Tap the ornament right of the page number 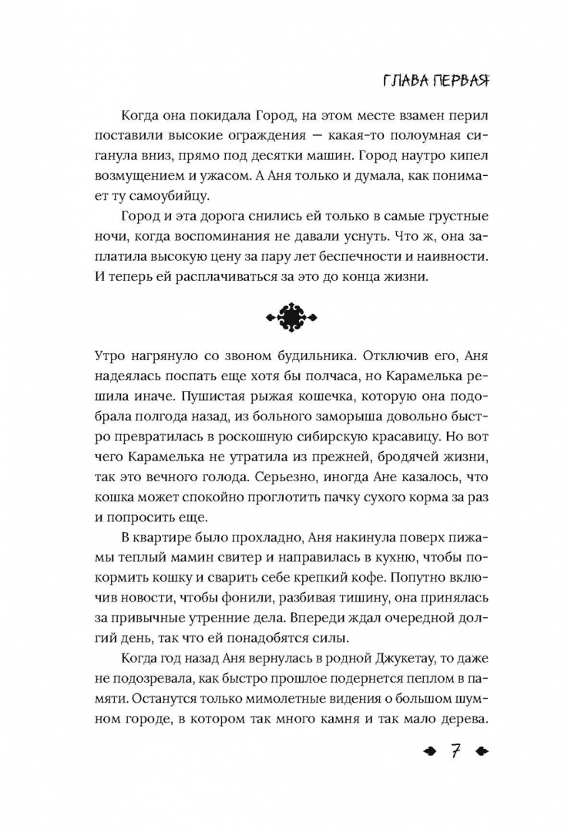[481, 752]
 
